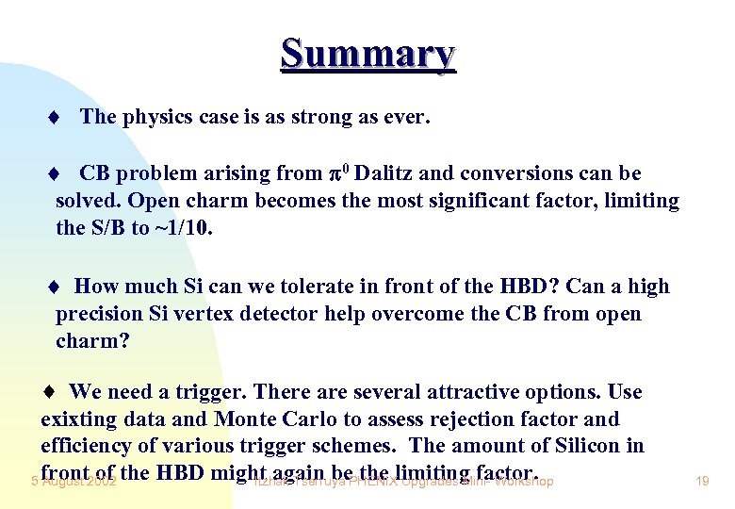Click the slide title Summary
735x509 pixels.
(x=367, y=54)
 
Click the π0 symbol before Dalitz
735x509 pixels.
(x=339, y=173)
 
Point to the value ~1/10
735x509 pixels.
(x=185, y=227)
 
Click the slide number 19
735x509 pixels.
(x=701, y=482)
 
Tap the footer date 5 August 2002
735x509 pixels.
(x=73, y=482)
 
